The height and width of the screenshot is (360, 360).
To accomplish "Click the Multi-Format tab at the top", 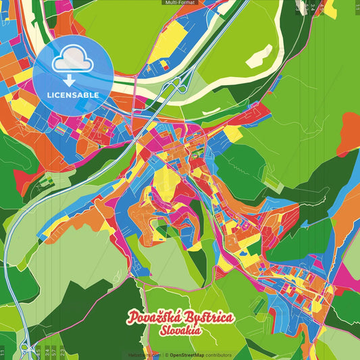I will pyautogui.click(x=180, y=3).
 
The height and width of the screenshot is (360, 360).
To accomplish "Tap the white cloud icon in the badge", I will pyautogui.click(x=72, y=61).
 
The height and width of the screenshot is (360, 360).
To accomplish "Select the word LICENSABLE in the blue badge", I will pyautogui.click(x=72, y=95).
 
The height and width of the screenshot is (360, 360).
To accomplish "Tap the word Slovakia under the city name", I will pyautogui.click(x=180, y=331).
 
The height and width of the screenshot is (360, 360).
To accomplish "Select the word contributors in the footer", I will pyautogui.click(x=219, y=355).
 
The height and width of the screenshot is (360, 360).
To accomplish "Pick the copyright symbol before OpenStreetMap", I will pyautogui.click(x=165, y=355).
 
